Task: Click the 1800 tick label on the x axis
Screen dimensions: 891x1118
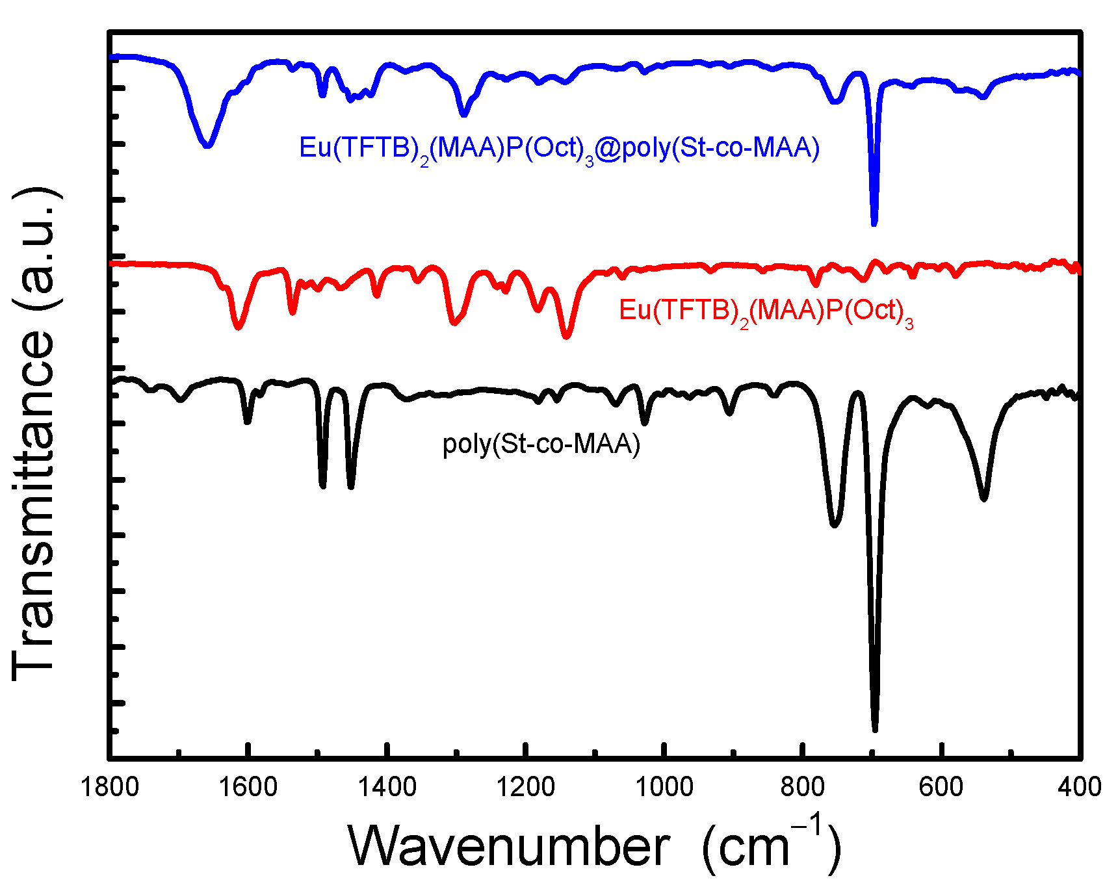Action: tap(109, 787)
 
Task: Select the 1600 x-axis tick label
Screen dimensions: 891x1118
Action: tap(248, 787)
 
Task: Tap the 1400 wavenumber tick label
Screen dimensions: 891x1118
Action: tap(387, 787)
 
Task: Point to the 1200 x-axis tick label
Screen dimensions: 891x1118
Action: tap(525, 787)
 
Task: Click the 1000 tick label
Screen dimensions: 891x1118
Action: tap(664, 787)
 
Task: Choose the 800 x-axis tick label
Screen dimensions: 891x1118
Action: tap(802, 787)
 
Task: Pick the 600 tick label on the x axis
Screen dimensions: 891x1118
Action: tap(941, 787)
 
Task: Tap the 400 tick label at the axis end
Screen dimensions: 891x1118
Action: tap(1079, 787)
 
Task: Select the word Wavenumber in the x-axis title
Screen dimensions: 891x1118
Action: tap(508, 846)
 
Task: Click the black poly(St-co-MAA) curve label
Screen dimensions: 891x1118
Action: tap(541, 445)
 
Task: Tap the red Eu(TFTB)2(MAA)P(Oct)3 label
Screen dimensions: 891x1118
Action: tap(766, 311)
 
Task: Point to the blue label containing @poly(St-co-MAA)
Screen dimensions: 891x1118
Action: tap(559, 149)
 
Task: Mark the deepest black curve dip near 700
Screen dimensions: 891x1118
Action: tap(875, 728)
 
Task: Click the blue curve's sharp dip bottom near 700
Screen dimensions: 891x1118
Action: tap(874, 222)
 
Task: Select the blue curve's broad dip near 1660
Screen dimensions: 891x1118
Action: tap(207, 144)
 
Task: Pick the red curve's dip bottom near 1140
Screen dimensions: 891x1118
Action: tap(566, 335)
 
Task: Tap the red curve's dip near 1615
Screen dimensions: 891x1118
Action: tap(238, 326)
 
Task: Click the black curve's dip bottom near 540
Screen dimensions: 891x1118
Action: tap(983, 498)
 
